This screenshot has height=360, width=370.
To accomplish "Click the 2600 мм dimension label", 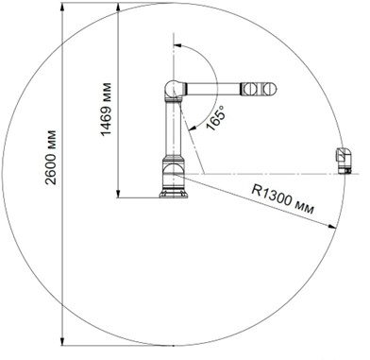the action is click(51, 157).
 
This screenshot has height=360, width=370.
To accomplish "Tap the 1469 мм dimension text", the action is click(106, 109).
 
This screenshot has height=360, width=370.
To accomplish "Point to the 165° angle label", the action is click(216, 117).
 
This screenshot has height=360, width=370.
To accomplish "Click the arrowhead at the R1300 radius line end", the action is click(332, 226).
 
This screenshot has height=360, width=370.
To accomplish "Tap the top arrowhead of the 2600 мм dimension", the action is click(62, 8).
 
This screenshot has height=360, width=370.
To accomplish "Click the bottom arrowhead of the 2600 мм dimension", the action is click(62, 341).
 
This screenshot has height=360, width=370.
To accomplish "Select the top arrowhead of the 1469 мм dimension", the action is click(118, 8).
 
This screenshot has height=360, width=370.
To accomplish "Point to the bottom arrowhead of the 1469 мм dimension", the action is click(118, 193).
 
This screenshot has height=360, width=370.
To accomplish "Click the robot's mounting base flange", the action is click(174, 193).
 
